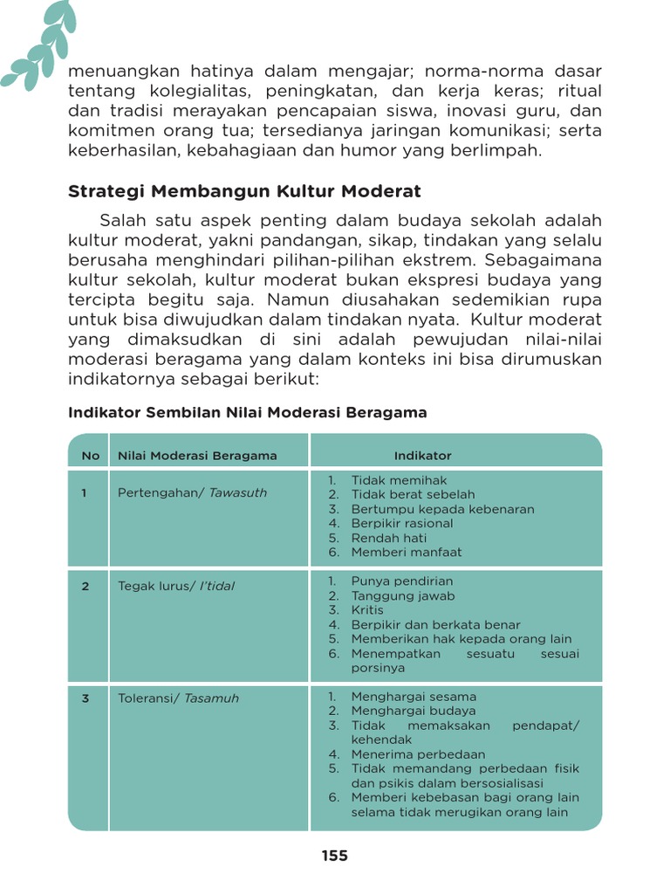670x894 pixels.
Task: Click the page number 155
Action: tap(334, 856)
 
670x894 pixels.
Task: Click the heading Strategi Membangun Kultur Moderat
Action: tap(244, 190)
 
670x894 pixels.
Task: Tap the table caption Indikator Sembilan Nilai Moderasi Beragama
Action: tap(247, 412)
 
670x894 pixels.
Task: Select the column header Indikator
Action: tap(422, 456)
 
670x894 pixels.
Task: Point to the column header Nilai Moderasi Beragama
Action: tap(197, 456)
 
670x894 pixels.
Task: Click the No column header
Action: tap(90, 456)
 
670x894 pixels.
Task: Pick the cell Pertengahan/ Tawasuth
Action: tap(192, 493)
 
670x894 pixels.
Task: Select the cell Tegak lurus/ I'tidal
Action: tap(176, 587)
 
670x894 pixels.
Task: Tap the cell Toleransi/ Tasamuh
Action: tap(178, 698)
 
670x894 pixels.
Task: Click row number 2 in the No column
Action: tap(85, 587)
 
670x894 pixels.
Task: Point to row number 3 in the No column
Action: tap(85, 698)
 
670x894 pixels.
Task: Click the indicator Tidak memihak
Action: tap(399, 480)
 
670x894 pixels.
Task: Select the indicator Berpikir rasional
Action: tap(401, 524)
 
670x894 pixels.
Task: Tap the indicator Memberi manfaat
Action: tap(406, 553)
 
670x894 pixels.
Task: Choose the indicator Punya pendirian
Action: tap(401, 581)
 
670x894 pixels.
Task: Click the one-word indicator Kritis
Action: tap(367, 610)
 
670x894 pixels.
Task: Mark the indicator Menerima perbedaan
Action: tap(417, 754)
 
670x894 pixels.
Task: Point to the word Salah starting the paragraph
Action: tap(122, 220)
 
